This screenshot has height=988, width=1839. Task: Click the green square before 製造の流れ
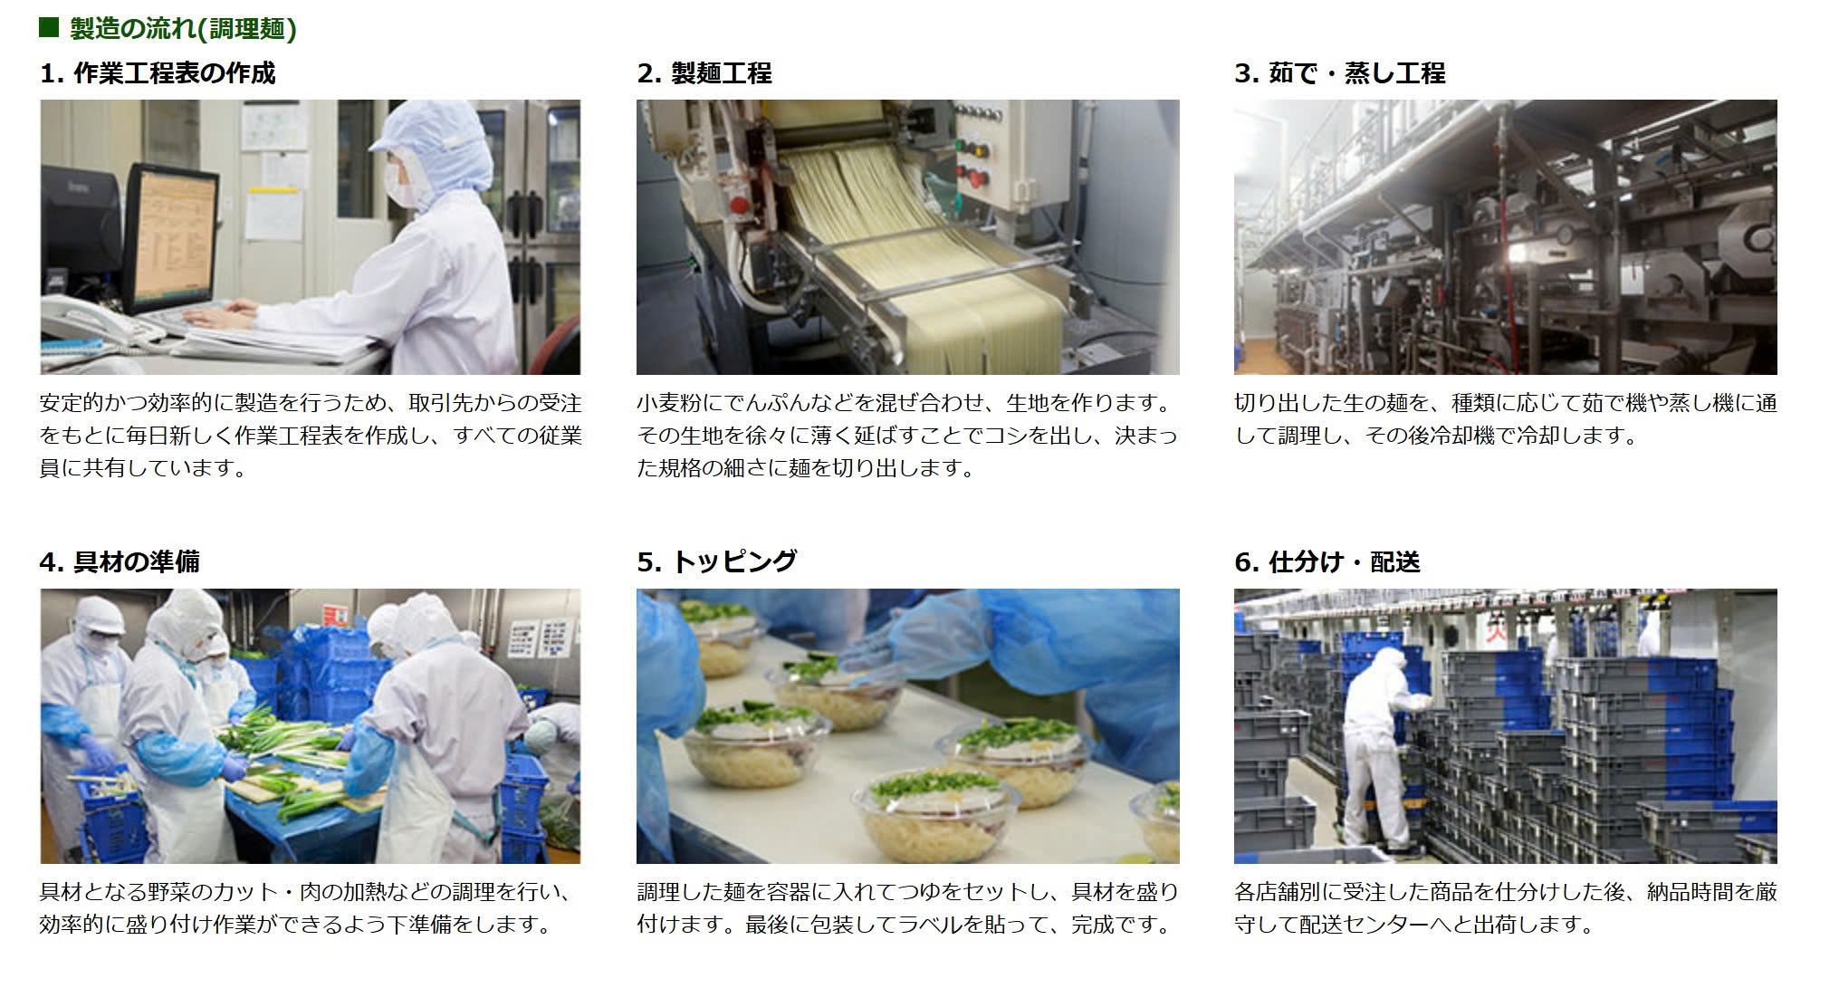(49, 28)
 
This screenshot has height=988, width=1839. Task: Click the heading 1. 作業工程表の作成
(158, 73)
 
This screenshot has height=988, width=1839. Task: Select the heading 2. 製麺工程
(704, 73)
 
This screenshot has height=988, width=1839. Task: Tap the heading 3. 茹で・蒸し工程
(1340, 73)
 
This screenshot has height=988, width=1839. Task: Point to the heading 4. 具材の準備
(120, 562)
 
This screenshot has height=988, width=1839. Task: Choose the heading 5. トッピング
(717, 562)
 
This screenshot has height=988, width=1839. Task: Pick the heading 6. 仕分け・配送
(1327, 562)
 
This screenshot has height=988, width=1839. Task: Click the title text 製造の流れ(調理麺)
(184, 28)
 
